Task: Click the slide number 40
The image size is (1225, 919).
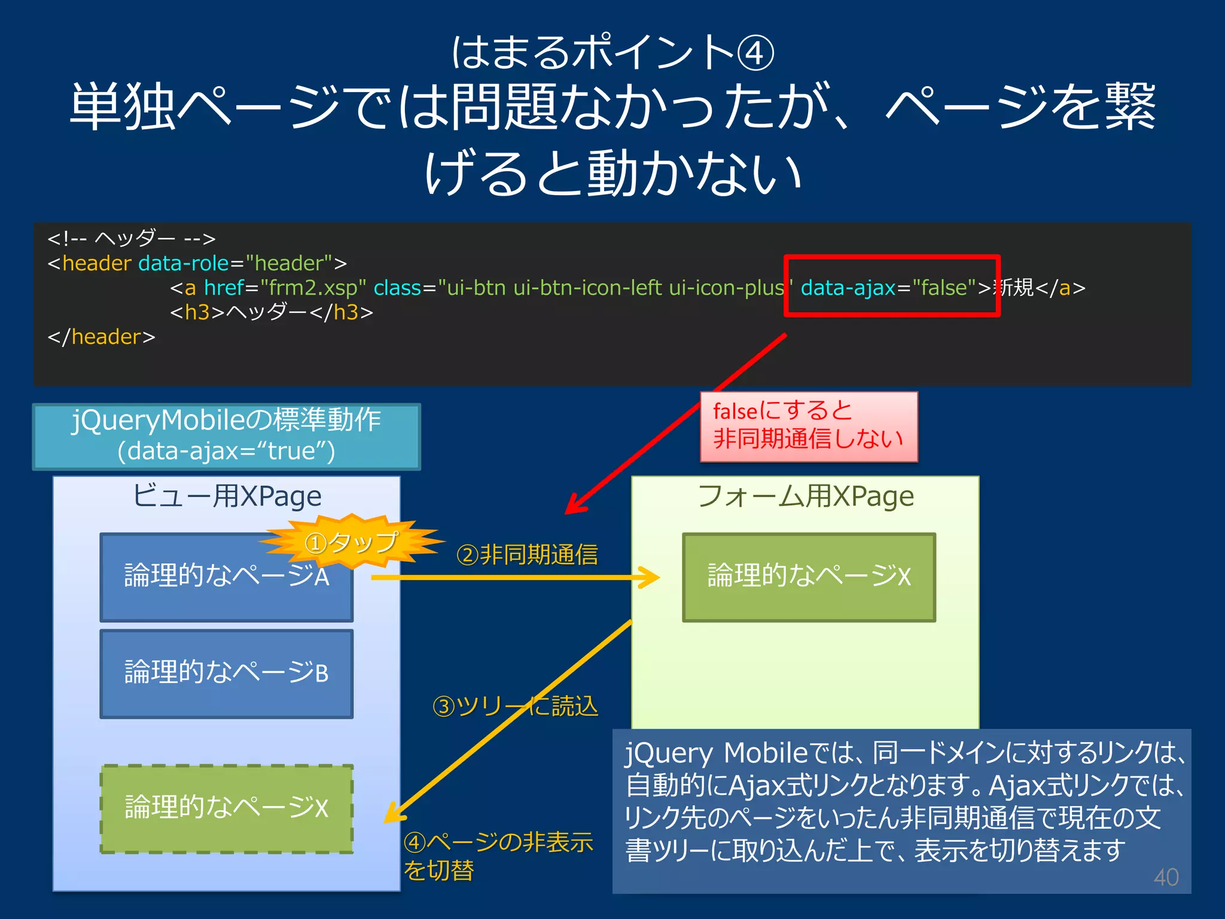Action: pyautogui.click(x=1166, y=877)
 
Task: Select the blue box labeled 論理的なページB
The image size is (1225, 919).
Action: pyautogui.click(x=226, y=673)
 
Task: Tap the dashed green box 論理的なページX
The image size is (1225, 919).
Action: pyautogui.click(x=226, y=808)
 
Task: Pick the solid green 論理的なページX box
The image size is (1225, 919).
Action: pyautogui.click(x=809, y=577)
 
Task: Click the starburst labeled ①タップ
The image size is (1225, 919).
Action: pyautogui.click(x=352, y=542)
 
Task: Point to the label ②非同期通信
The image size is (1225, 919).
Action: pyautogui.click(x=527, y=555)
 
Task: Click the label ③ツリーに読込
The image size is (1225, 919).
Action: pyautogui.click(x=515, y=707)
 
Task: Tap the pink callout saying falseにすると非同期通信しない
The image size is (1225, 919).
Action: pyautogui.click(x=809, y=426)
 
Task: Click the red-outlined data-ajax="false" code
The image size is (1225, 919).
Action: pyautogui.click(x=891, y=287)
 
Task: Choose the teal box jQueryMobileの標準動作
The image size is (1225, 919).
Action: pyautogui.click(x=226, y=436)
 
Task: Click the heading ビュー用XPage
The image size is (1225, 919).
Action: pyautogui.click(x=226, y=496)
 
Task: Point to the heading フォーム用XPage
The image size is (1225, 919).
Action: pyautogui.click(x=806, y=496)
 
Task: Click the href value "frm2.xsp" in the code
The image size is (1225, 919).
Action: pyautogui.click(x=313, y=288)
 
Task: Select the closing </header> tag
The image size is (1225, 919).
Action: pyautogui.click(x=101, y=337)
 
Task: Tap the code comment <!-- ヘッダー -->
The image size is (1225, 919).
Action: pyautogui.click(x=131, y=238)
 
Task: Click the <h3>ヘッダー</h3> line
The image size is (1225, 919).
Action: pyautogui.click(x=272, y=312)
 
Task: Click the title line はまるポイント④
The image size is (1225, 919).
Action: pyautogui.click(x=612, y=52)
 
